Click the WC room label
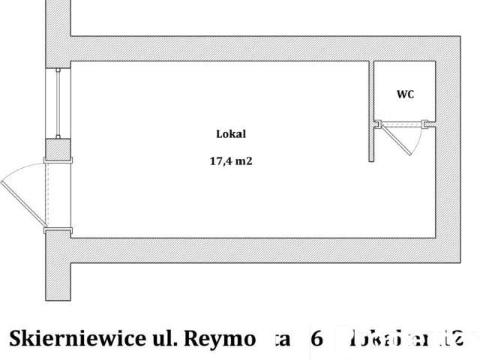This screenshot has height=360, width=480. click(405, 94)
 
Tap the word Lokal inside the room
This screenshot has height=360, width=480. click(231, 134)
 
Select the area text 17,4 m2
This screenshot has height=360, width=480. click(231, 160)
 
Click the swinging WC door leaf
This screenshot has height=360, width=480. click(397, 140)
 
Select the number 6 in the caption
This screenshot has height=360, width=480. click(316, 338)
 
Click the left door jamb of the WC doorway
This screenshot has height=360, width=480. click(377, 124)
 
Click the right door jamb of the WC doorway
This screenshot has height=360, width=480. click(429, 124)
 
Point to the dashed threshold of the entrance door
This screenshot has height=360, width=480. click(46, 197)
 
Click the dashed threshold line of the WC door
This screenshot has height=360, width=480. click(403, 123)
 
